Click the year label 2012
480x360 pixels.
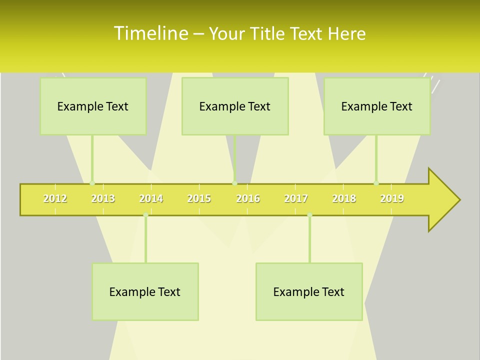tap(55, 198)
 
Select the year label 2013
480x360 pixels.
tap(103, 198)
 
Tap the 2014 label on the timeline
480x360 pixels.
tap(151, 198)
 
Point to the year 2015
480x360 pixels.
tap(199, 198)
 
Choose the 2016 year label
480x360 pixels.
tap(248, 198)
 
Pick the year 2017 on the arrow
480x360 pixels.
tap(296, 198)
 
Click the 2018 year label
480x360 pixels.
tap(344, 198)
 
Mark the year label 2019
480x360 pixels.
tap(392, 198)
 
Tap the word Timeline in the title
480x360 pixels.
tap(150, 33)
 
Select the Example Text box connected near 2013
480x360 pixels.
tap(93, 106)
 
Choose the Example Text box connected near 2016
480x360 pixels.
tap(235, 106)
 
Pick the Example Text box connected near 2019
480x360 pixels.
tap(377, 106)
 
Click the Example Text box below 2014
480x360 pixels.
tap(145, 291)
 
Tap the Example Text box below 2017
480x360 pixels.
tap(309, 291)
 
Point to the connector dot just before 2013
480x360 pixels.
tap(92, 183)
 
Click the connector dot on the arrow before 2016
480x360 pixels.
tap(235, 183)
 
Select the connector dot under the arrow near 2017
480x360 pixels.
tap(309, 215)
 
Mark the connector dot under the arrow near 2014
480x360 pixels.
tap(145, 215)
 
